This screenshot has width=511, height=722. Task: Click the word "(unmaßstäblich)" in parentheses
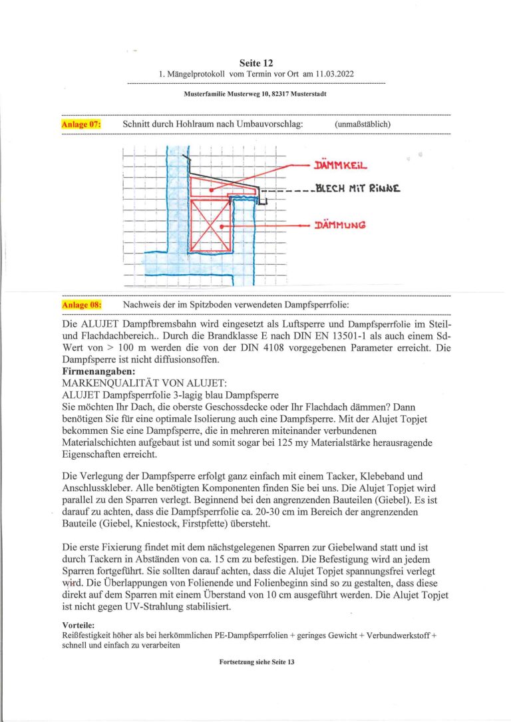(x=363, y=124)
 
